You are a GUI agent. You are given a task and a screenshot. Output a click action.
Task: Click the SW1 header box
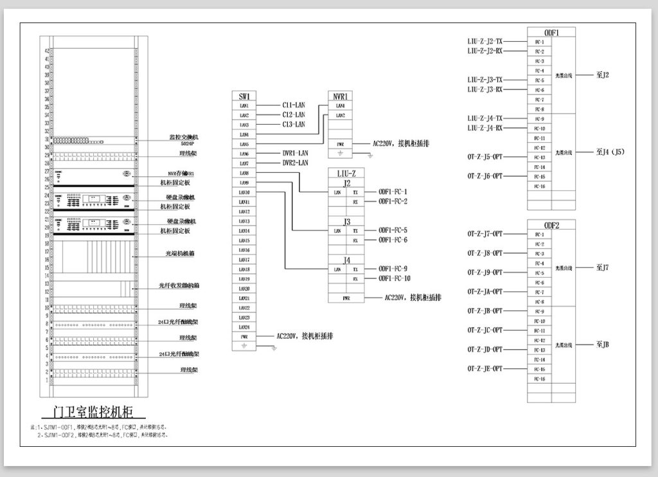pos(244,96)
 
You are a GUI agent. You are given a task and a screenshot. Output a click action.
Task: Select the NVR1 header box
pos(340,96)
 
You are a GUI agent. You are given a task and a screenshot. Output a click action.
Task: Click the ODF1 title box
pos(551,32)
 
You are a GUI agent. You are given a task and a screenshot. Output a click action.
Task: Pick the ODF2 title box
pos(551,225)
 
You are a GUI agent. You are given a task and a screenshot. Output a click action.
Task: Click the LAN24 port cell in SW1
pos(244,327)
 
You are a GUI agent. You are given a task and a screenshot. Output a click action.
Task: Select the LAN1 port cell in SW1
pos(244,105)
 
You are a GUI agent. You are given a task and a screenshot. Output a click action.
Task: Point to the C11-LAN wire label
pos(294,105)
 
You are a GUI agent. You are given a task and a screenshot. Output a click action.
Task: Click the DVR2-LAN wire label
pos(296,163)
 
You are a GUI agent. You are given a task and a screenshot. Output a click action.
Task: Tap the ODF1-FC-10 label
pos(395,278)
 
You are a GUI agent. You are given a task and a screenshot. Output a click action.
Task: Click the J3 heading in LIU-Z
pos(346,222)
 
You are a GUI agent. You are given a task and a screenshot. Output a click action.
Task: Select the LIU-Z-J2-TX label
pos(485,41)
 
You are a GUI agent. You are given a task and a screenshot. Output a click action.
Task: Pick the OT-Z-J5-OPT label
pos(485,157)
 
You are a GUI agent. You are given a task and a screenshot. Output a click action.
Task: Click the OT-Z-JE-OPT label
pos(485,369)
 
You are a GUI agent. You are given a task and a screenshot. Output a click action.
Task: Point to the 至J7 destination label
pos(603,267)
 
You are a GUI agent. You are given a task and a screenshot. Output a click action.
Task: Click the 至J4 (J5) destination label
pos(611,152)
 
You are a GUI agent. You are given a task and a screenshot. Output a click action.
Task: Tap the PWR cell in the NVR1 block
pos(340,144)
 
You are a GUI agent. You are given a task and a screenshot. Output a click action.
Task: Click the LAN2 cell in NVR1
pos(340,115)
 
